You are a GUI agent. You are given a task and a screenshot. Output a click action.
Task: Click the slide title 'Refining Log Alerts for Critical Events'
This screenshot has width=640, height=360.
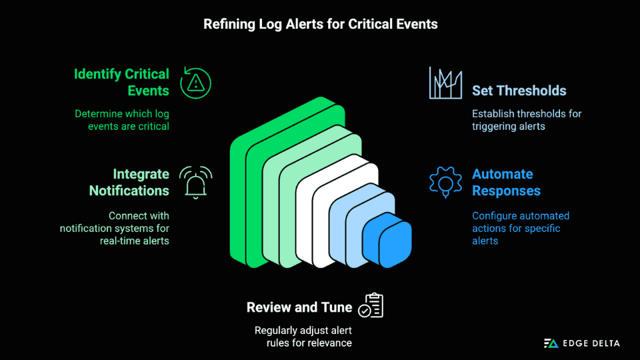[x=320, y=24]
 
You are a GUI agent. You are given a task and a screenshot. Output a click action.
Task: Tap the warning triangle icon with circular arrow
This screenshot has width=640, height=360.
[x=195, y=82]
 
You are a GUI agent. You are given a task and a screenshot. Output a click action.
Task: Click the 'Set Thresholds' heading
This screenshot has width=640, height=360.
[x=519, y=91]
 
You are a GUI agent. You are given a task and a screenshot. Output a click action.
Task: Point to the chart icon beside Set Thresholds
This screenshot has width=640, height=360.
[x=445, y=83]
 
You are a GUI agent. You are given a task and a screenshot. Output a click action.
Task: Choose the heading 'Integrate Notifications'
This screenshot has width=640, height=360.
[x=129, y=182]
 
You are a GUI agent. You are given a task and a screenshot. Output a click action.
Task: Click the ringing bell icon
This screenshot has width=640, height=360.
[x=195, y=182]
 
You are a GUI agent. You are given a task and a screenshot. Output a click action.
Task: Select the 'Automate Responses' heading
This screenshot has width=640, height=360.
[x=506, y=182]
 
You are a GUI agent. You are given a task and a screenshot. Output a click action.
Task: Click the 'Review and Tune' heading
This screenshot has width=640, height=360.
[x=299, y=307]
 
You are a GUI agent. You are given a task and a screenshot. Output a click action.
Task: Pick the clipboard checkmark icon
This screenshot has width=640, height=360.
[x=371, y=305]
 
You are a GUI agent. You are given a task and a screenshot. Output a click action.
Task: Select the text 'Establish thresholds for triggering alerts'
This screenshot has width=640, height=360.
[x=526, y=120]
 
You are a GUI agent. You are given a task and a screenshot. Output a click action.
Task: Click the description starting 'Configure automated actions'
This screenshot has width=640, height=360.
[x=520, y=228]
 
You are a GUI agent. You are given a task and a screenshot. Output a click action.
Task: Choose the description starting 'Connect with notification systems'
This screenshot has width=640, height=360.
[x=114, y=228]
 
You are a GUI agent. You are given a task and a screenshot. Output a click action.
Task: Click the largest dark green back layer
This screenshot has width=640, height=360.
[x=238, y=200]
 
